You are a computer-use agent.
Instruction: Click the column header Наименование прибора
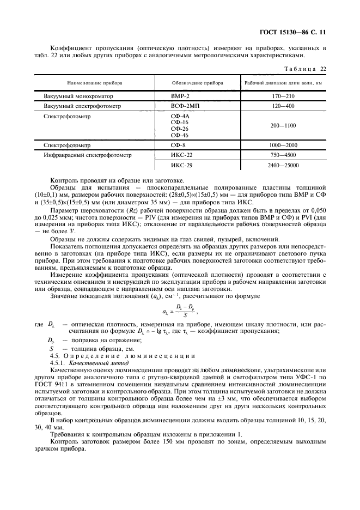pyautogui.click(x=95, y=83)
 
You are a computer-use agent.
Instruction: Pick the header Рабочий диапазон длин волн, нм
pyautogui.click(x=283, y=83)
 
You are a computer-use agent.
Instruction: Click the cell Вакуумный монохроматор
pyautogui.click(x=74, y=96)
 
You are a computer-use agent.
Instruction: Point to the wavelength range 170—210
pyautogui.click(x=283, y=96)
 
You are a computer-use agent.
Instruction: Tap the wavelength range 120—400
pyautogui.click(x=283, y=106)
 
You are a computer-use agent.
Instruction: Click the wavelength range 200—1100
pyautogui.click(x=283, y=125)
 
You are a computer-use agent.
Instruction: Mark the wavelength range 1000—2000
pyautogui.click(x=283, y=145)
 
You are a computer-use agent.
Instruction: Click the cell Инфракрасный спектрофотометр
pyautogui.click(x=88, y=155)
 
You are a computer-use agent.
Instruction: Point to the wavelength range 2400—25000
pyautogui.click(x=283, y=165)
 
